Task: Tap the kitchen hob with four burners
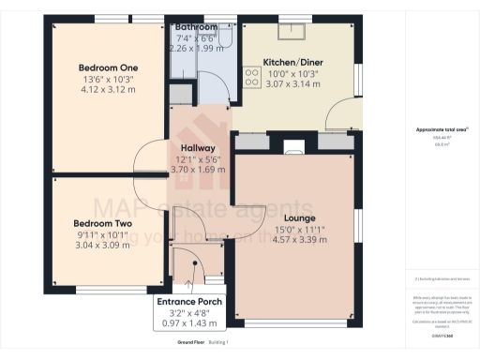point(251,78)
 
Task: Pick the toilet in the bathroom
point(225,36)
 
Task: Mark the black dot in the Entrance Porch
point(190,267)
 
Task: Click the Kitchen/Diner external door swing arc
point(335,117)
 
